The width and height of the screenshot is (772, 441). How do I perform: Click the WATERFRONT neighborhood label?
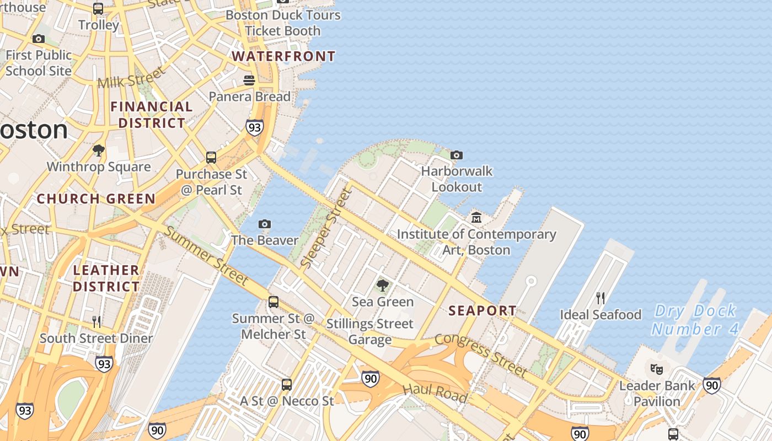283,56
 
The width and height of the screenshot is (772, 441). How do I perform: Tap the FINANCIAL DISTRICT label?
152,115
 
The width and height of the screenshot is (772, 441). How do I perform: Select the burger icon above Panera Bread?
249,80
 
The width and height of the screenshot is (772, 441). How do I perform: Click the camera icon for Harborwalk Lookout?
457,155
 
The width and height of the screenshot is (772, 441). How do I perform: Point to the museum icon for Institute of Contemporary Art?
476,218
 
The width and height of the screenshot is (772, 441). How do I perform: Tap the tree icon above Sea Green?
382,286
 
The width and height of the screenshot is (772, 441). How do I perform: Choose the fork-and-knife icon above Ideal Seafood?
601,298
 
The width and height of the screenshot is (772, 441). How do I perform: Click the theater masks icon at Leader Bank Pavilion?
656,369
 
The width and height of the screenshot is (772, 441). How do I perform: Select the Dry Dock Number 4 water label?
694,320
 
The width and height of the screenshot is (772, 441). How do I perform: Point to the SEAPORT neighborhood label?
482,311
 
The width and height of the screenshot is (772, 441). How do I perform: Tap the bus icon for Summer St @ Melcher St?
274,302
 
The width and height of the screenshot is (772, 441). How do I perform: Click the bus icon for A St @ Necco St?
287,385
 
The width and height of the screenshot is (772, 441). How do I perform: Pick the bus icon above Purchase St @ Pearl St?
211,158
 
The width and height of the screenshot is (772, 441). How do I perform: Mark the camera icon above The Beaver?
265,224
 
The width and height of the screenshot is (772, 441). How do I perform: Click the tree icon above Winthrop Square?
99,150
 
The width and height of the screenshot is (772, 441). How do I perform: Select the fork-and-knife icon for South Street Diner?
96,321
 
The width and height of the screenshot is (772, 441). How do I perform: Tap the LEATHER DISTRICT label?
106,278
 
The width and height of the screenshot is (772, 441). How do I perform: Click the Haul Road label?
435,392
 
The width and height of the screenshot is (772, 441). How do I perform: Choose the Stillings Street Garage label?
369,331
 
